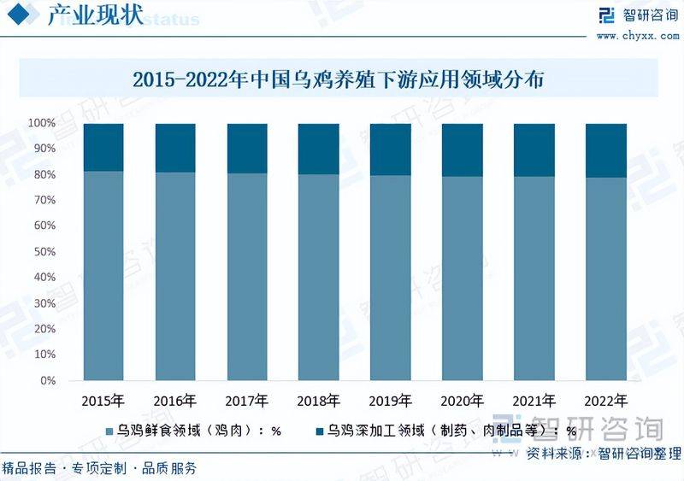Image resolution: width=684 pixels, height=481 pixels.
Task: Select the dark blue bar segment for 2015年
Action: (x=103, y=147)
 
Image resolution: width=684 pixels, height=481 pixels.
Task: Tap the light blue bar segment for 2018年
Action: (x=318, y=277)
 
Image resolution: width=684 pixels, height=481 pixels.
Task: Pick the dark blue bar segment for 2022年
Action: (x=606, y=150)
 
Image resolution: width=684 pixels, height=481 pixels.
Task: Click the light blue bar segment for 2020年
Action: (x=462, y=278)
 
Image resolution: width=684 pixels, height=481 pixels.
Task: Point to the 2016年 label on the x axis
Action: (x=174, y=400)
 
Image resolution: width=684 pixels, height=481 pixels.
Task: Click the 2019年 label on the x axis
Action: (x=390, y=400)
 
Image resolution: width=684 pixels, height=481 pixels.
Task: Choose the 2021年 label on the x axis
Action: (x=534, y=400)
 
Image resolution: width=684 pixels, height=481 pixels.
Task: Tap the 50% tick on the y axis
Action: (x=44, y=252)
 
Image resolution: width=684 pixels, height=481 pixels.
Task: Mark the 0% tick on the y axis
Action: (x=48, y=381)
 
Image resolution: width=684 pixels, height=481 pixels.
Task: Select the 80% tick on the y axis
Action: (x=44, y=174)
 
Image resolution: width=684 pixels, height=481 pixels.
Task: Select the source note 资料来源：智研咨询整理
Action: (x=603, y=453)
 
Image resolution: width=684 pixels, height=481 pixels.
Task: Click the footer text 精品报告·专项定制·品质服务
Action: (x=99, y=468)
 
